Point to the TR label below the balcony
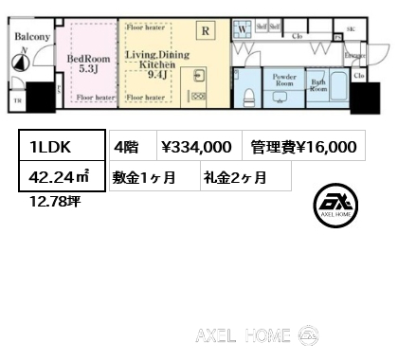click(x=16, y=99)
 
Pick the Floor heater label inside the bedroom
click(x=96, y=97)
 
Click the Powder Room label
click(x=284, y=80)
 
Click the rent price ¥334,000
click(x=196, y=147)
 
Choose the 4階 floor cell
click(x=128, y=147)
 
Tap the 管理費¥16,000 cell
click(x=303, y=147)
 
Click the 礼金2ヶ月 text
click(x=233, y=176)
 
